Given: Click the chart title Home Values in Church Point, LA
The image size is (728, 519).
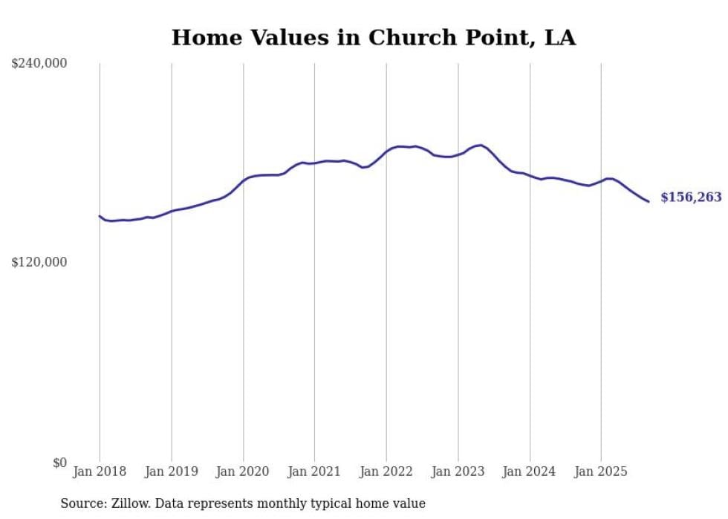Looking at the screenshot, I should coord(374,37).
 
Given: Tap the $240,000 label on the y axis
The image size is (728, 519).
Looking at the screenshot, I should coord(39,64).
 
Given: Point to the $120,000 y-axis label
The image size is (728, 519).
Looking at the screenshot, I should coord(39,262).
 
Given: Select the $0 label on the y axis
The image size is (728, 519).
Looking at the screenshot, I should coord(59,463).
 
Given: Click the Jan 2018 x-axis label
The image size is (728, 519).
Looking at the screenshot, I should coord(100,471).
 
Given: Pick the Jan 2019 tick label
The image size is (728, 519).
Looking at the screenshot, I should coord(172,471).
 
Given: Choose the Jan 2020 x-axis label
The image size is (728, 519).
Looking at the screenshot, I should coord(243,471).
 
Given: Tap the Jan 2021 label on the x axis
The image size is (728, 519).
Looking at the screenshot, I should coord(314,471).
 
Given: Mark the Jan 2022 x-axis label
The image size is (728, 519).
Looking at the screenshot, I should coord(386,471).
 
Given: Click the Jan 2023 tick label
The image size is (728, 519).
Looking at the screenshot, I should coord(458,471).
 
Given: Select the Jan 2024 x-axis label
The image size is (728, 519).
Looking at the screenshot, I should coord(530,471).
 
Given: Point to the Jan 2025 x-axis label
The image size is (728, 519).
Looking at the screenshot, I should coord(601,471).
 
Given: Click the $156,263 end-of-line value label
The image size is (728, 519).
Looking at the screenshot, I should coord(691,198).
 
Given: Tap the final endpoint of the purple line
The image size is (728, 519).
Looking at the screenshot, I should coord(649,201).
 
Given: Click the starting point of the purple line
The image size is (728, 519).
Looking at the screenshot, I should coord(100,216).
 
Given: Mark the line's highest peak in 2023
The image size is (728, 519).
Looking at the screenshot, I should coord(481,145).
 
